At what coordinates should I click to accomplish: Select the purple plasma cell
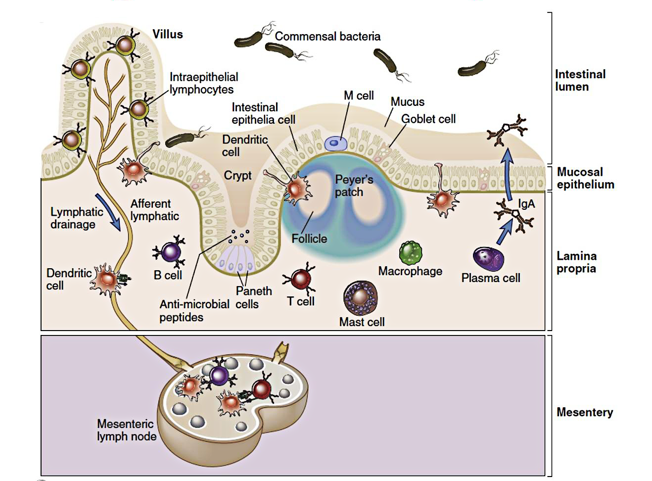pos(488,259)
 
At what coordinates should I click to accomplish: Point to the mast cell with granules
pos(360,297)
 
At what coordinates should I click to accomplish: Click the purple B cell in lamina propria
pos(171,251)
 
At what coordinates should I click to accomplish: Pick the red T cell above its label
pos(300,279)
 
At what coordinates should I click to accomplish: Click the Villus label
pos(168,34)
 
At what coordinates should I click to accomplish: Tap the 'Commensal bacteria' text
pos(327,36)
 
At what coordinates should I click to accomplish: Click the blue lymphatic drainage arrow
pos(108,212)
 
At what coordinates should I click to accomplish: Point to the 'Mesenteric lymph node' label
pos(126,430)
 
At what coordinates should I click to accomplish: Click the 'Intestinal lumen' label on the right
pos(580,80)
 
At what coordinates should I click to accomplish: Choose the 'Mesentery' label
pos(584,412)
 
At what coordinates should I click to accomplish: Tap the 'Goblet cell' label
pos(428,119)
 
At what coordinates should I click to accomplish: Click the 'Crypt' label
pos(237,175)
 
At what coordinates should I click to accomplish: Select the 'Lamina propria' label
pos(576,262)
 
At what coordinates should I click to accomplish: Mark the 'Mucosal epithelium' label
pos(585,178)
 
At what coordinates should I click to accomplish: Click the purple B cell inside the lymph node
pos(219,375)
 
